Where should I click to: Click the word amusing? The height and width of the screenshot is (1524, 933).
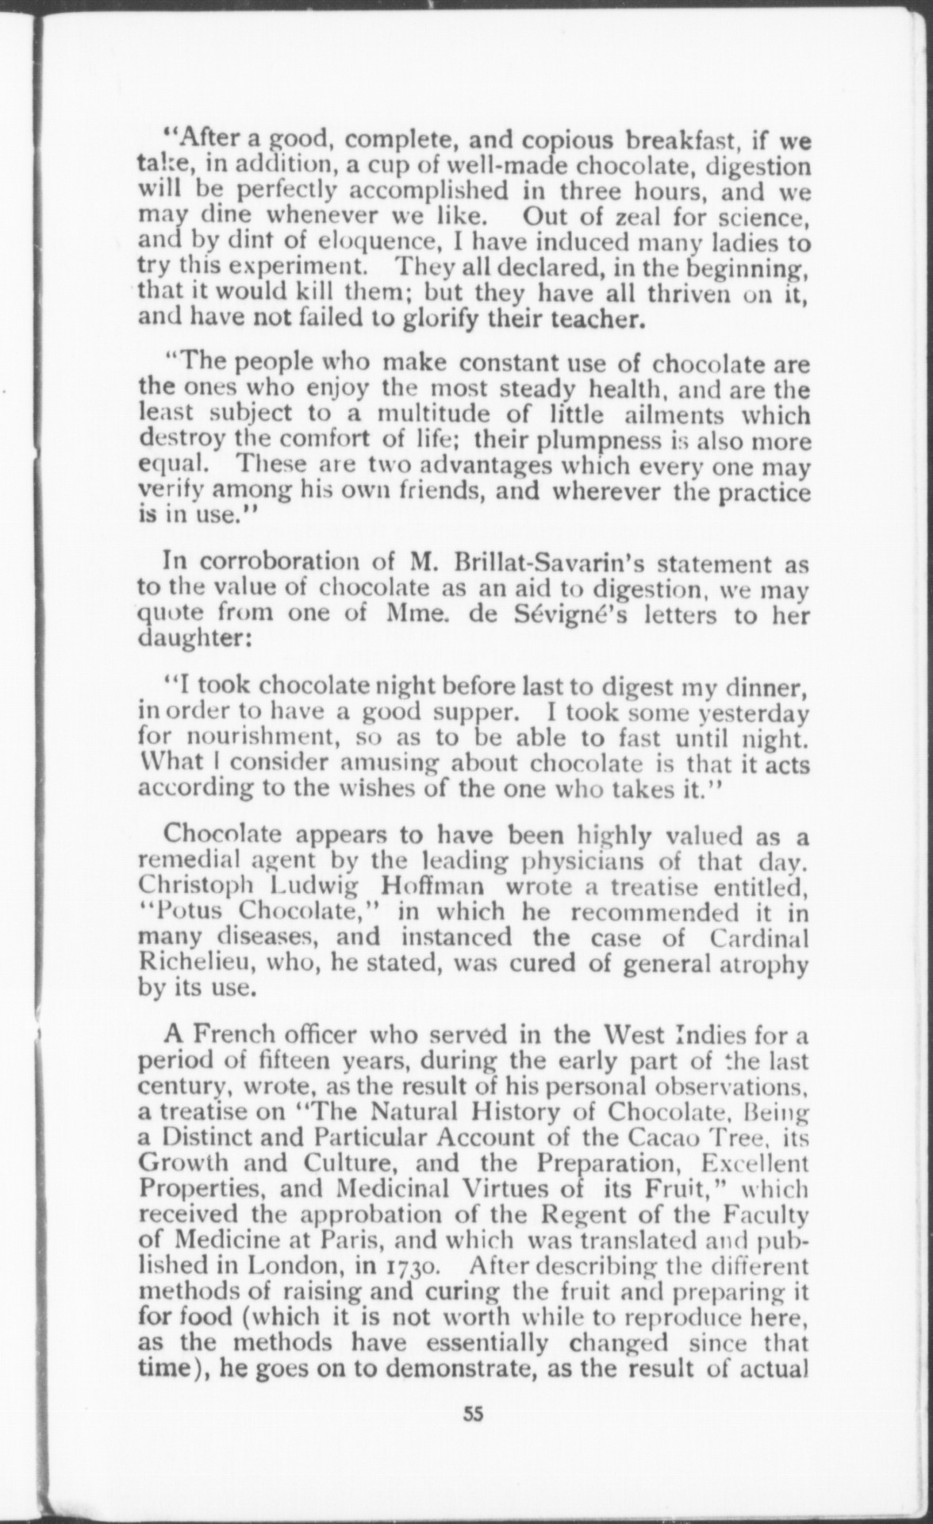[x=388, y=764]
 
